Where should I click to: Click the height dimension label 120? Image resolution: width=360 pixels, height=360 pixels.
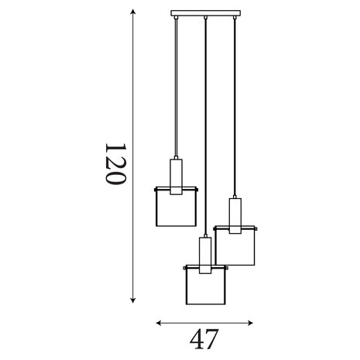(x=115, y=163)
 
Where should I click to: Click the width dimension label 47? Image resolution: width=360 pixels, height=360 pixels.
(x=204, y=339)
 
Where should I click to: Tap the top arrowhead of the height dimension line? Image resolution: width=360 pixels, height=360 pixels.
(x=133, y=12)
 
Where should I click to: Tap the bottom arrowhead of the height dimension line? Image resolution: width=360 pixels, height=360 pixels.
(x=133, y=300)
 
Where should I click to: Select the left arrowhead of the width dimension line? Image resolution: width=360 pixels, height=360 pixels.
(x=159, y=323)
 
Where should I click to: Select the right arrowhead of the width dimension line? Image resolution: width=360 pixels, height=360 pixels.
(x=250, y=323)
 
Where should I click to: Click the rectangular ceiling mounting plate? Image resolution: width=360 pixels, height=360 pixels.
(x=206, y=13)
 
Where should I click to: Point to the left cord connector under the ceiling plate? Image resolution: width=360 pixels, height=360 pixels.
(x=176, y=18)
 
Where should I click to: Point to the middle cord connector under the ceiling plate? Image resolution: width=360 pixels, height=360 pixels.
(x=205, y=18)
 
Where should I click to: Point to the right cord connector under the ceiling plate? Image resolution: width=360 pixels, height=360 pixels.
(x=235, y=18)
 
